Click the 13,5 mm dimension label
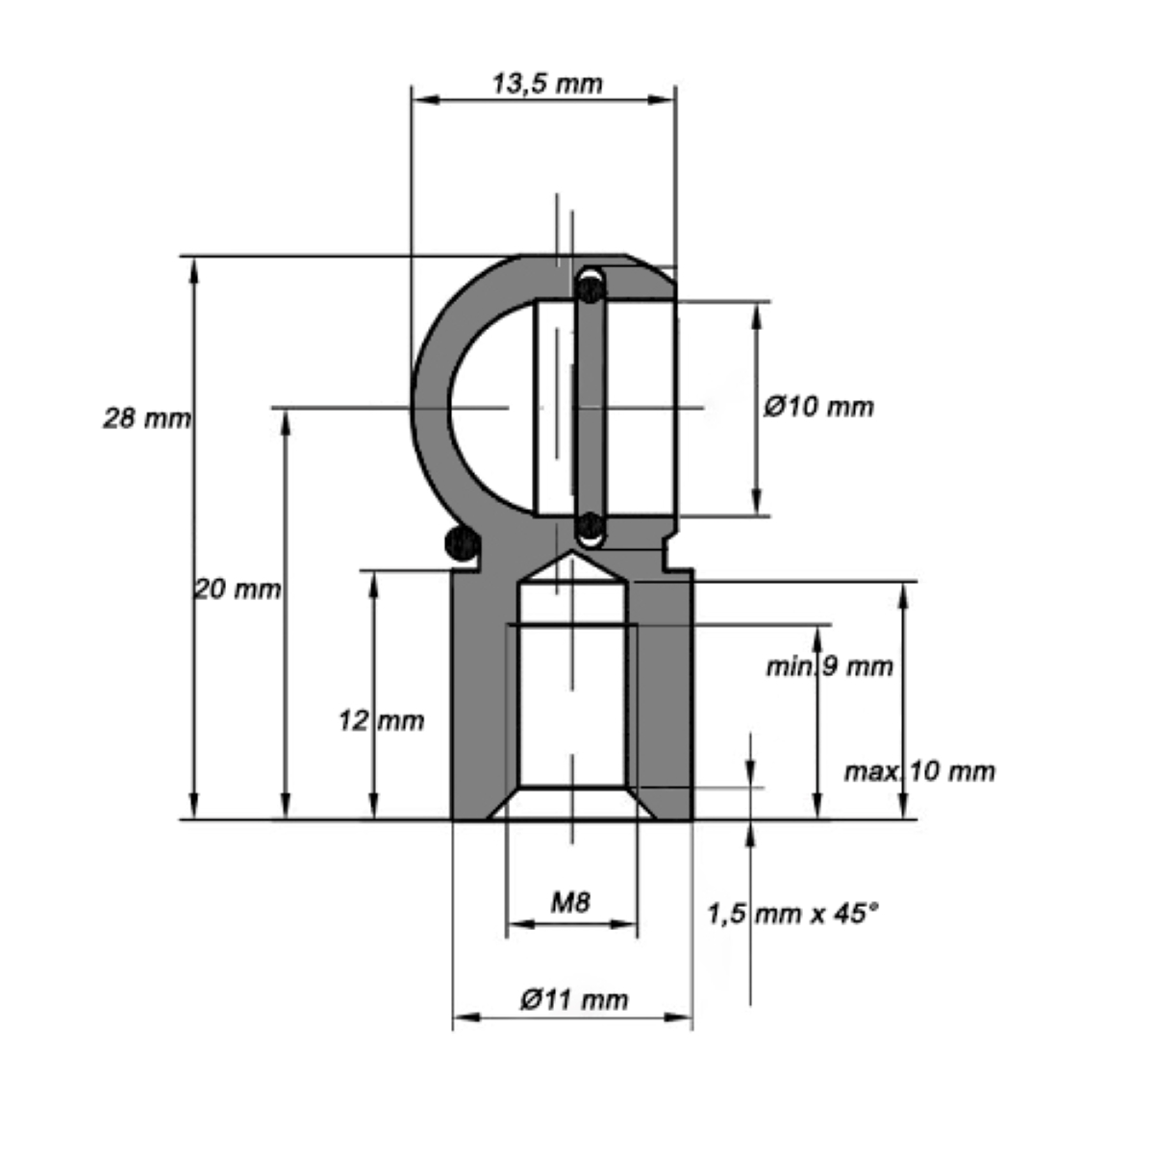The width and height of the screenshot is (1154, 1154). pos(547,84)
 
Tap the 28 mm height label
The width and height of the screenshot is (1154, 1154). pos(147,418)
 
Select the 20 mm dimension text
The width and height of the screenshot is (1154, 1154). pos(238,590)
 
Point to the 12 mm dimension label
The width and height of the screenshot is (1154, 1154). pos(381,720)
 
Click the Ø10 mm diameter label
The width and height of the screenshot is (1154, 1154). pos(818,407)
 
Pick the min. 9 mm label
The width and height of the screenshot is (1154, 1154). pos(829,666)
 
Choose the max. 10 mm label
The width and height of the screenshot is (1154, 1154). pos(920,772)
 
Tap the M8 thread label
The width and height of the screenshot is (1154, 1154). pos(570,902)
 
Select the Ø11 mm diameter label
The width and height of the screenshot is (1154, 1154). pos(574,1000)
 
